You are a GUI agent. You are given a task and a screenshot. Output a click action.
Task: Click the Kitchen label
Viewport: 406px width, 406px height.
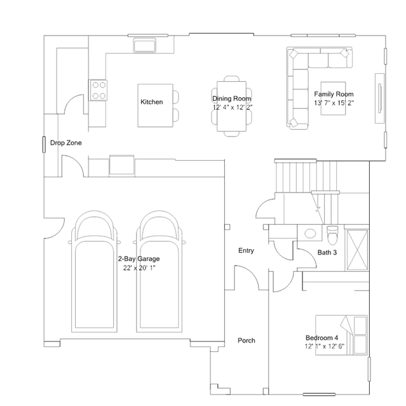pyautogui.click(x=151, y=102)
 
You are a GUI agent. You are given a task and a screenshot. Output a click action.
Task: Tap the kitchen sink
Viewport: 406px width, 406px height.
pyautogui.click(x=145, y=45)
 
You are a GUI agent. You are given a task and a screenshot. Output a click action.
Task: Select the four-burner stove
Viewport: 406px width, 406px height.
pyautogui.click(x=98, y=90)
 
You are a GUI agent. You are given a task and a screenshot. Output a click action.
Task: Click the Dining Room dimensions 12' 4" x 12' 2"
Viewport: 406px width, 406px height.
pyautogui.click(x=233, y=107)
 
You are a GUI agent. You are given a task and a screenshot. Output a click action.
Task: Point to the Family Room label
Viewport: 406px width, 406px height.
pyautogui.click(x=334, y=94)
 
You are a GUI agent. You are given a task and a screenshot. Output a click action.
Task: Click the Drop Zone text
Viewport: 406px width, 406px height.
pyautogui.click(x=66, y=143)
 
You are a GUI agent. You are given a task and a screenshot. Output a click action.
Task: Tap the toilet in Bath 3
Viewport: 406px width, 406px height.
pyautogui.click(x=332, y=235)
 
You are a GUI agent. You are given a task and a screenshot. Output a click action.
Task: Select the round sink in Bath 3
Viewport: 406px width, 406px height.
pyautogui.click(x=310, y=233)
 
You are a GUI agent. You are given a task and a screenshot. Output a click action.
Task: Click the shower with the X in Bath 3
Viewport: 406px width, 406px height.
pyautogui.click(x=357, y=250)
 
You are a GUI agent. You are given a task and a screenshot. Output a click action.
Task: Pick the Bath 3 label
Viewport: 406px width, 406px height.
pyautogui.click(x=327, y=252)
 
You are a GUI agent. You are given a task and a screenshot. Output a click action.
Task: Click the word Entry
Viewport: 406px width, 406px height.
pyautogui.click(x=246, y=250)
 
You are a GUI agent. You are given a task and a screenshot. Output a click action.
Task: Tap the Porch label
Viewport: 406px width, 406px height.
pyautogui.click(x=247, y=340)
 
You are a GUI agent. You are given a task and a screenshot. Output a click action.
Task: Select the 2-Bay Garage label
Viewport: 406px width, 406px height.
pyautogui.click(x=139, y=259)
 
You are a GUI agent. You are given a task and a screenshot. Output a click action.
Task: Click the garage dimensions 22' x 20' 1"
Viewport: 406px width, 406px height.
pyautogui.click(x=139, y=267)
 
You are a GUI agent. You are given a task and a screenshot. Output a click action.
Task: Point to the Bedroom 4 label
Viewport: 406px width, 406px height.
pyautogui.click(x=322, y=337)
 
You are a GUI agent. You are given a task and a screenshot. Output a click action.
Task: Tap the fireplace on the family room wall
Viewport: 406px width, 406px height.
pyautogui.click(x=379, y=98)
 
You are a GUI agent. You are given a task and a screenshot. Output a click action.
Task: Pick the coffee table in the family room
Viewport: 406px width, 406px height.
pyautogui.click(x=333, y=98)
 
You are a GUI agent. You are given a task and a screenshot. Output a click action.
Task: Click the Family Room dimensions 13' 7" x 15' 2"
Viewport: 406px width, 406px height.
pyautogui.click(x=334, y=103)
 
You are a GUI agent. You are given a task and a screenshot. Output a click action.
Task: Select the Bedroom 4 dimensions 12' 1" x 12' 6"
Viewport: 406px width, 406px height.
pyautogui.click(x=325, y=346)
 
